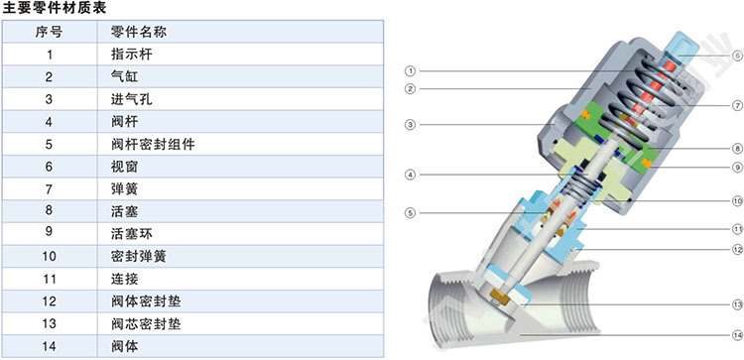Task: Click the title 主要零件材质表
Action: coord(55,8)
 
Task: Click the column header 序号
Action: coord(49,32)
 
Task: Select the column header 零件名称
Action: coord(139,32)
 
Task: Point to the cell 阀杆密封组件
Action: coord(153,144)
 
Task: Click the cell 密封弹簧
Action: coord(139,257)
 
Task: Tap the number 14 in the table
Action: coord(49,347)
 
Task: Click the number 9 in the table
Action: coord(49,234)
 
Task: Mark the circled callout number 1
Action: coord(410,71)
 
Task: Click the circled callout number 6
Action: coord(737,56)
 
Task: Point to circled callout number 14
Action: coord(737,335)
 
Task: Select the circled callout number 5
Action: coord(410,213)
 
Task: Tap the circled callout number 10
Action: coord(737,201)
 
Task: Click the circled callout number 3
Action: coord(410,125)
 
